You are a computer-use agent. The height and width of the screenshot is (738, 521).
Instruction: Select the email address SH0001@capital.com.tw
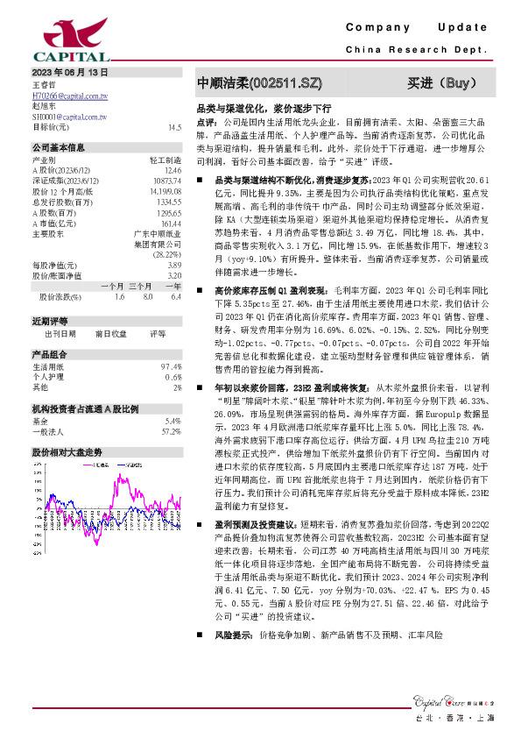coord(69,116)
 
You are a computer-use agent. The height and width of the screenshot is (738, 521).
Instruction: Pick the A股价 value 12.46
coord(173,171)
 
